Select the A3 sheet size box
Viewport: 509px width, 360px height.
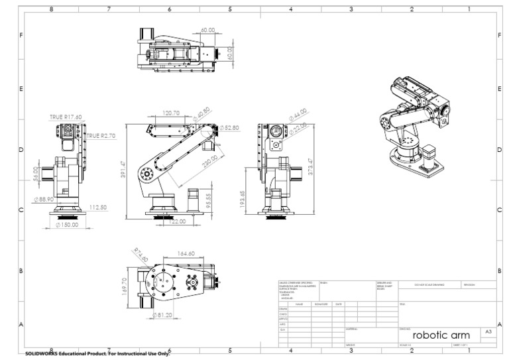(x=488, y=331)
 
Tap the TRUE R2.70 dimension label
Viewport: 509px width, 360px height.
(x=101, y=135)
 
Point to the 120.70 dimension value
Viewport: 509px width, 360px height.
(x=171, y=113)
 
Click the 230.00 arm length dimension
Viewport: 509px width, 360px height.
(x=210, y=162)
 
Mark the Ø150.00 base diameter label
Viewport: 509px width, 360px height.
(x=67, y=225)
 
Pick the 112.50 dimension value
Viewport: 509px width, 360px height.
(x=98, y=208)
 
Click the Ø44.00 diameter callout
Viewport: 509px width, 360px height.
(x=298, y=115)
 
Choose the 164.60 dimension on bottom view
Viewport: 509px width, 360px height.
(x=186, y=253)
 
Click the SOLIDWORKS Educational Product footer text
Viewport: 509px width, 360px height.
(x=97, y=354)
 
